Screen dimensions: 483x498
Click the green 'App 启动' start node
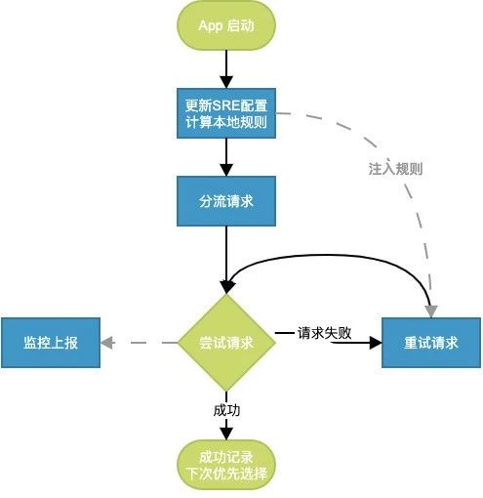[226, 25]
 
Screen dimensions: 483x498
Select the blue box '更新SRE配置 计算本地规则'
[226, 113]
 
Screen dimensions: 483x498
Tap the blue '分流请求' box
[226, 201]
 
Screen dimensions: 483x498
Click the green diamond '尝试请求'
[226, 343]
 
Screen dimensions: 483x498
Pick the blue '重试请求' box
[431, 343]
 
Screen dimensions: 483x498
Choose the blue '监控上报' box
[51, 343]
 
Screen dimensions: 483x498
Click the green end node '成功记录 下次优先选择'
[226, 465]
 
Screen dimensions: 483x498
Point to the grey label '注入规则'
[395, 169]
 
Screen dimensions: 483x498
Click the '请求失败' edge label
[324, 333]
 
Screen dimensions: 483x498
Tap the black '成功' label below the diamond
[226, 410]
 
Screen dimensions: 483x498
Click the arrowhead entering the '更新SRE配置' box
[226, 82]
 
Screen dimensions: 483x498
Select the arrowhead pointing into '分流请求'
[226, 170]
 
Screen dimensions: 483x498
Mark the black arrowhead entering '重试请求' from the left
[376, 343]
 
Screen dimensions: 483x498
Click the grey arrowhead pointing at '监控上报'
[106, 343]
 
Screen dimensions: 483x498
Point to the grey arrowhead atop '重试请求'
[431, 311]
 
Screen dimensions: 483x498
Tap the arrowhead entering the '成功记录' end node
[226, 434]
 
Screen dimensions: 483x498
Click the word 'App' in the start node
[211, 25]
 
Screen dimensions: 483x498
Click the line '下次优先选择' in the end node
[226, 474]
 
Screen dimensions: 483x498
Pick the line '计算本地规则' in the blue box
[226, 122]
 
